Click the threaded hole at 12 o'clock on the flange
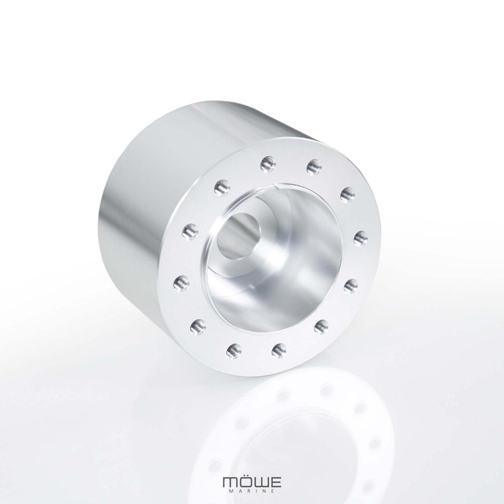pos(268,163)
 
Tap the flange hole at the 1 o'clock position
pos(314,166)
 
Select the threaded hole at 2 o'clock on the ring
pos(347,194)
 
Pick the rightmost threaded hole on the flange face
pos(360,238)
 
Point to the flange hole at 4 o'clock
pos(351,286)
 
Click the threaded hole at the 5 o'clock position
pos(321,327)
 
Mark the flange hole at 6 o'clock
pos(279,350)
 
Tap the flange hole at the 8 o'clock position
pos(198,327)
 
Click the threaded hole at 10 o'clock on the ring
pos(190,232)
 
